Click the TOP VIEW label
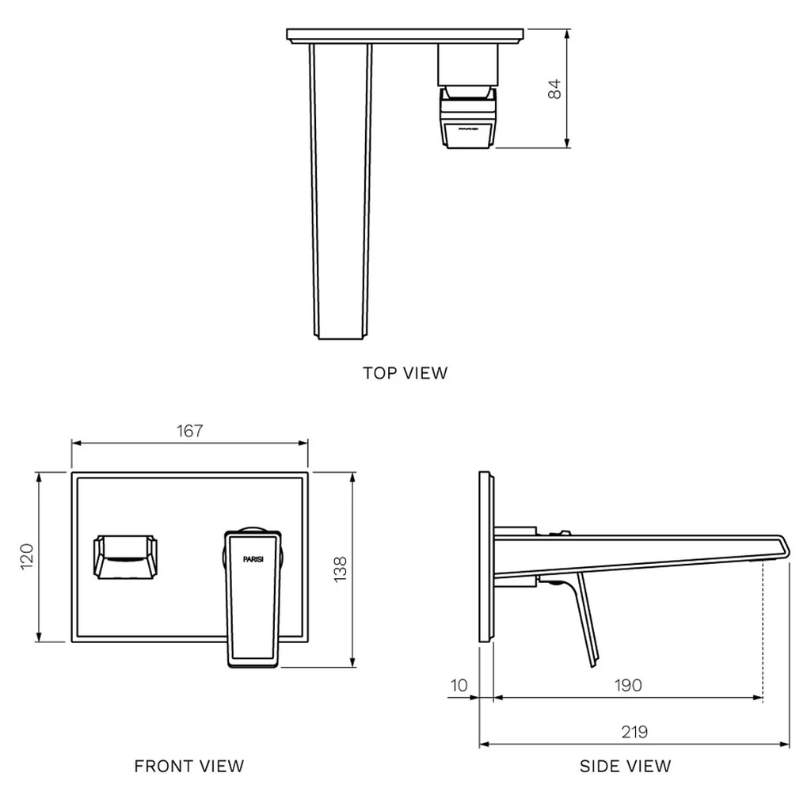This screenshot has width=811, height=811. click(x=405, y=372)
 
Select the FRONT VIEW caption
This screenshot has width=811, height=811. click(x=189, y=766)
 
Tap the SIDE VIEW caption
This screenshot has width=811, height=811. click(x=625, y=766)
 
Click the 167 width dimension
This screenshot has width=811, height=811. click(x=190, y=431)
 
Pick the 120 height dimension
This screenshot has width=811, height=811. click(x=26, y=557)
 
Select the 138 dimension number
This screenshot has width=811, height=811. click(x=341, y=569)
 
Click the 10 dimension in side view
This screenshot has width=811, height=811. click(x=459, y=685)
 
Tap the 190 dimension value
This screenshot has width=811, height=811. click(x=628, y=685)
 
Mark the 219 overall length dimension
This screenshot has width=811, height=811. click(x=634, y=732)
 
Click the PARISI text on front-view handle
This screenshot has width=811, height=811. click(x=255, y=558)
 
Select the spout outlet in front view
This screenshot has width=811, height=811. click(x=127, y=558)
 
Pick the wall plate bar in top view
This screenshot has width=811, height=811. click(x=406, y=36)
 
